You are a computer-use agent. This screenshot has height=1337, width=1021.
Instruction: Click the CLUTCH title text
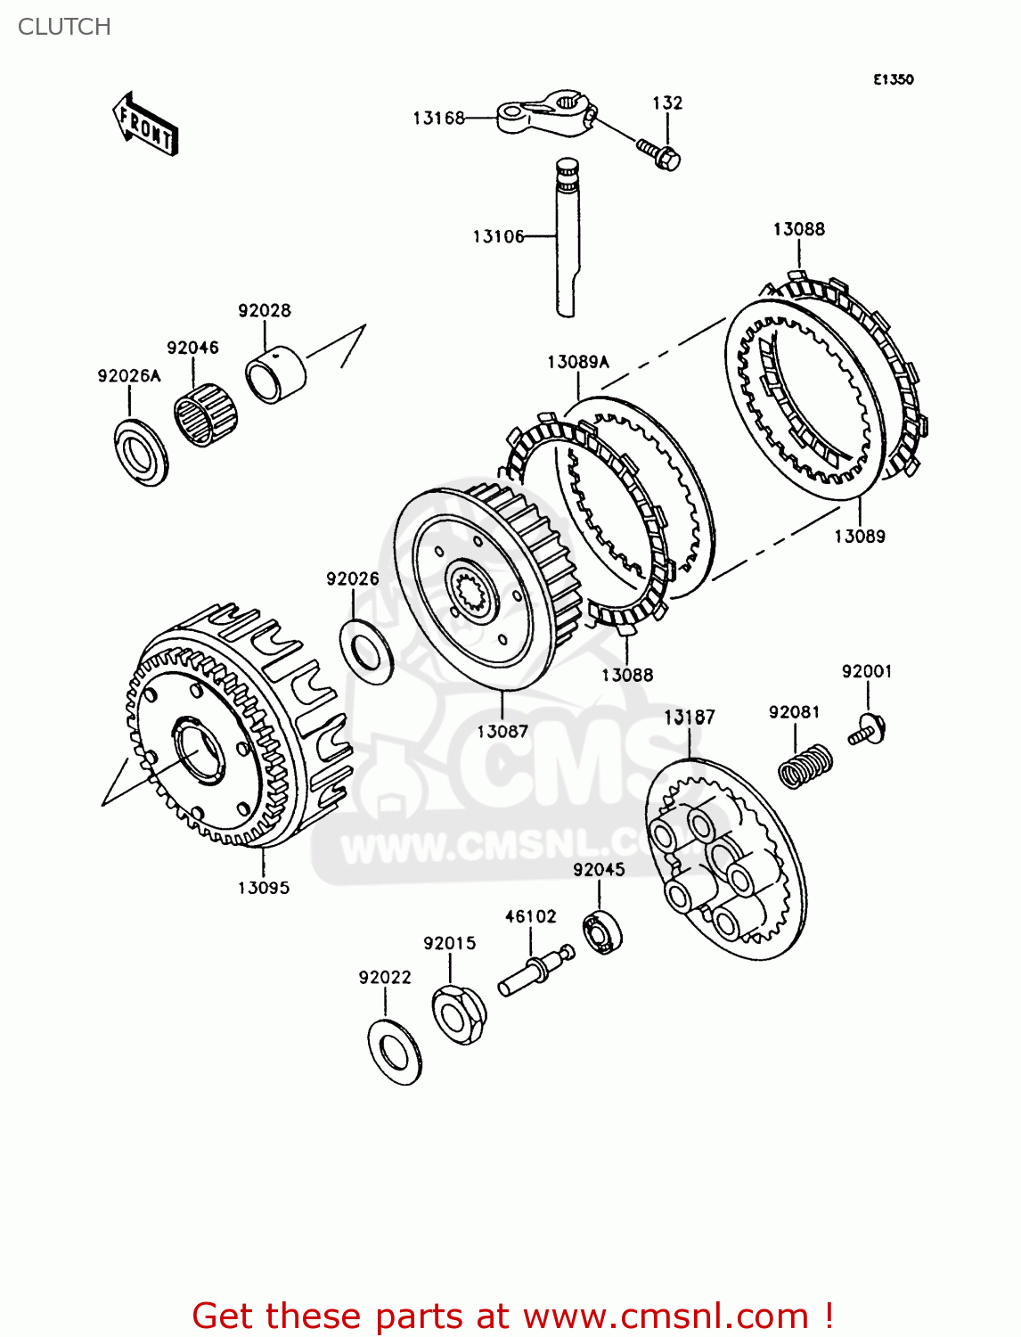point(64,27)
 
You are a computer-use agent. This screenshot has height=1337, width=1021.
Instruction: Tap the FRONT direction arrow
point(145,126)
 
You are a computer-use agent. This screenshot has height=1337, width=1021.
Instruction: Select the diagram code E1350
point(893,79)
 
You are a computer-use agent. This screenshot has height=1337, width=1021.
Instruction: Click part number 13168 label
point(438,118)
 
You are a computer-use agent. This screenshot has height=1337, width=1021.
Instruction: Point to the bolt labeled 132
point(659,153)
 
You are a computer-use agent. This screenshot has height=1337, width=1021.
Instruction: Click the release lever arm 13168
point(544,112)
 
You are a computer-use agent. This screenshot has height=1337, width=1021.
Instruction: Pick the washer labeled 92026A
point(141,452)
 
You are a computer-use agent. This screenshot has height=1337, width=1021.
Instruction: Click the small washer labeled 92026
point(366,650)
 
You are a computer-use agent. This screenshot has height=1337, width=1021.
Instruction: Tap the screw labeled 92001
point(868,730)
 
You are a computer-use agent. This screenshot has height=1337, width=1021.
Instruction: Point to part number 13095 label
point(264,888)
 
